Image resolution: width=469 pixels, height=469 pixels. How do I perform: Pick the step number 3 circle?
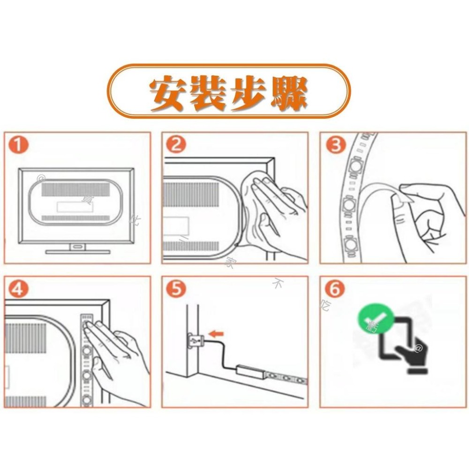pyautogui.click(x=334, y=146)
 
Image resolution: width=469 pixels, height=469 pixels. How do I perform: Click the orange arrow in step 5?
pyautogui.click(x=216, y=334)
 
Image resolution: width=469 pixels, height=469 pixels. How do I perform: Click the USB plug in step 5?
pyautogui.click(x=194, y=339)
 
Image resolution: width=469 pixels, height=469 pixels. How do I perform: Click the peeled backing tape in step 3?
pyautogui.click(x=380, y=197)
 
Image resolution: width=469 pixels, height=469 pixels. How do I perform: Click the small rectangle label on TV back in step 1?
pyautogui.click(x=69, y=206)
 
